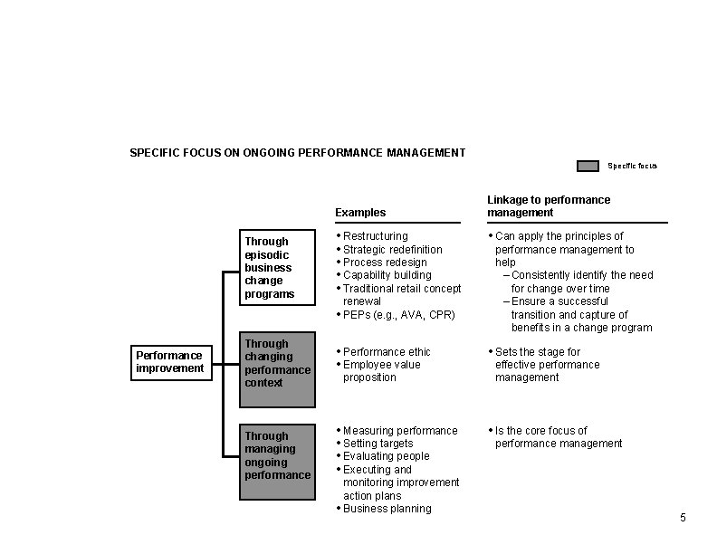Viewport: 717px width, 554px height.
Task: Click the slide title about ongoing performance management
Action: pos(298,152)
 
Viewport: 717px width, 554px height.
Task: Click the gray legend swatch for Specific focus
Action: pos(588,166)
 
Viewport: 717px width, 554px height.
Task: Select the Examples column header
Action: pos(360,213)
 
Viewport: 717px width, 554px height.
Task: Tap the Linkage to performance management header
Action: pos(549,205)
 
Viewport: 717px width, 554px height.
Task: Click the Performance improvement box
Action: pos(170,362)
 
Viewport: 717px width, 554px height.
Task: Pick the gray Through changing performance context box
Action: pos(277,363)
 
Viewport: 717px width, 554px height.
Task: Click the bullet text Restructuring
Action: pos(376,236)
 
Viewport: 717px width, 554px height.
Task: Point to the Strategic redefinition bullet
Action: pos(393,249)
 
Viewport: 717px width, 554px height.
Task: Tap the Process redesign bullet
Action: pos(385,263)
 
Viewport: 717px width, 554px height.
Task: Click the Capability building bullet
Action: pos(387,275)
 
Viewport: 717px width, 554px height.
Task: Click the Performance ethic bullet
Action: pos(387,351)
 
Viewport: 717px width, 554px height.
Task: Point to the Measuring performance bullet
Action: pos(400,430)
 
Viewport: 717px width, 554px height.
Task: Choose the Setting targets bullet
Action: pos(378,444)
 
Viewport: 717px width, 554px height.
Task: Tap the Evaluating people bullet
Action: pos(386,456)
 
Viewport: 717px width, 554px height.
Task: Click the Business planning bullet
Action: pos(387,509)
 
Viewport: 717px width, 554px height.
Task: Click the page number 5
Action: pos(683,517)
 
